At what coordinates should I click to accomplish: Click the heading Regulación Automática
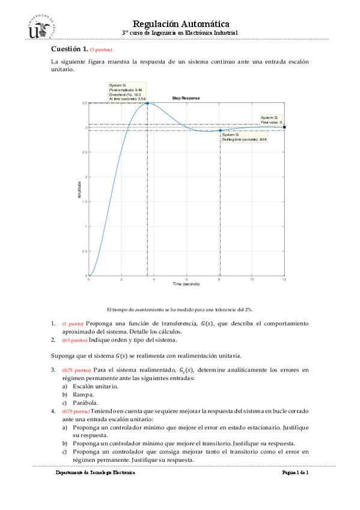pyautogui.click(x=180, y=22)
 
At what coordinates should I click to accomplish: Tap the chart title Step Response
pyautogui.click(x=186, y=98)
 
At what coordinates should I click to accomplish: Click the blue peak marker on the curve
pyautogui.click(x=147, y=103)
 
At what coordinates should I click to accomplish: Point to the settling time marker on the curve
pyautogui.click(x=221, y=130)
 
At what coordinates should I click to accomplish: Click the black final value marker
pyautogui.click(x=284, y=127)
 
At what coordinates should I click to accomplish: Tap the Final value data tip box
pyautogui.click(x=272, y=119)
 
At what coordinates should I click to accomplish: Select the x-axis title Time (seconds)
pyautogui.click(x=186, y=283)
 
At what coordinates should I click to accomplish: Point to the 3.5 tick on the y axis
pyautogui.click(x=85, y=103)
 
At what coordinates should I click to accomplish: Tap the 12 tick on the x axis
pyautogui.click(x=284, y=279)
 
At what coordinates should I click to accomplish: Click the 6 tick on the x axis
pyautogui.click(x=187, y=279)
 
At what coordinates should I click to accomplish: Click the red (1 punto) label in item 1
pyautogui.click(x=73, y=324)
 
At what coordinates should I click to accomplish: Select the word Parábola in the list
pyautogui.click(x=87, y=402)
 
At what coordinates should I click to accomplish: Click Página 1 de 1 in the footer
pyautogui.click(x=294, y=473)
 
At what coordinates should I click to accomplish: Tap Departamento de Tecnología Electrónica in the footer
pyautogui.click(x=95, y=473)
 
